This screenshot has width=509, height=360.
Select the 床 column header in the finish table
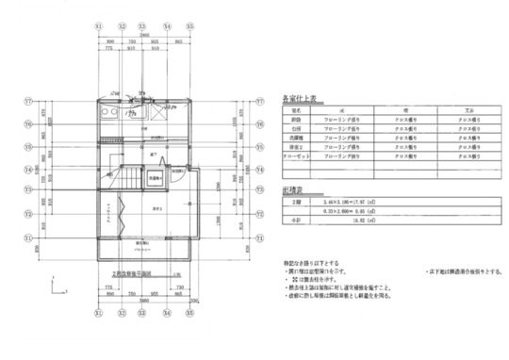(x=341, y=109)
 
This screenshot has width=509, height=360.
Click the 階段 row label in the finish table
(x=296, y=120)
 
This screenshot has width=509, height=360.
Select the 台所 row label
(x=296, y=130)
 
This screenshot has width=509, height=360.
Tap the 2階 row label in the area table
(x=296, y=202)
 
